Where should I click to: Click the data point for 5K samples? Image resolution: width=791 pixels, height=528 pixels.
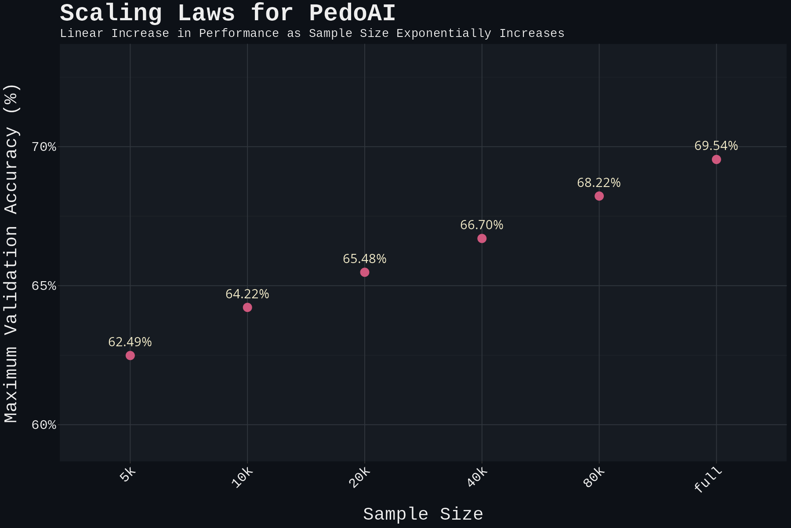(x=130, y=355)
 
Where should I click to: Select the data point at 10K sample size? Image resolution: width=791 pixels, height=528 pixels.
(x=247, y=307)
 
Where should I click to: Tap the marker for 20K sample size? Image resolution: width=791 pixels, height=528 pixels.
(x=365, y=272)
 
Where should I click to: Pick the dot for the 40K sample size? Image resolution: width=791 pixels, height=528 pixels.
(x=482, y=238)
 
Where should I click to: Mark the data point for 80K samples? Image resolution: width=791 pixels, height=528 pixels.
(x=599, y=196)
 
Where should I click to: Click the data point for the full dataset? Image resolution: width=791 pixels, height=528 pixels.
(x=716, y=159)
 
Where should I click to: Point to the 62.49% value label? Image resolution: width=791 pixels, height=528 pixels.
(x=130, y=342)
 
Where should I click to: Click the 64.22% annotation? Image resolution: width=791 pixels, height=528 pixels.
(x=247, y=294)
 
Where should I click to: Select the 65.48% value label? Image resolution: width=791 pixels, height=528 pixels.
(x=365, y=259)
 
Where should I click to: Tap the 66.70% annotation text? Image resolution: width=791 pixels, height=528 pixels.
(x=482, y=225)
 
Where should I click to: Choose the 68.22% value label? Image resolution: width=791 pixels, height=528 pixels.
(x=599, y=183)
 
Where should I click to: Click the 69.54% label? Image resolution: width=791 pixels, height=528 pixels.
(x=716, y=146)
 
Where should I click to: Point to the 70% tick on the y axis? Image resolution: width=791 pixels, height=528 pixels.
(x=44, y=147)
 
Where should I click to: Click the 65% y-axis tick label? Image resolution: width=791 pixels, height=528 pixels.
(x=44, y=286)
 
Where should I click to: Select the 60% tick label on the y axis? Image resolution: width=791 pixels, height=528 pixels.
(x=44, y=425)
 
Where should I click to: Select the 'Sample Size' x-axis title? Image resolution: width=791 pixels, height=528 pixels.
(x=423, y=514)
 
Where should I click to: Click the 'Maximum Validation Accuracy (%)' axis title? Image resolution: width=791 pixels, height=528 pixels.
(x=11, y=253)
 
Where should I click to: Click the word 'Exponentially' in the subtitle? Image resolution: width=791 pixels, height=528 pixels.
(x=443, y=33)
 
